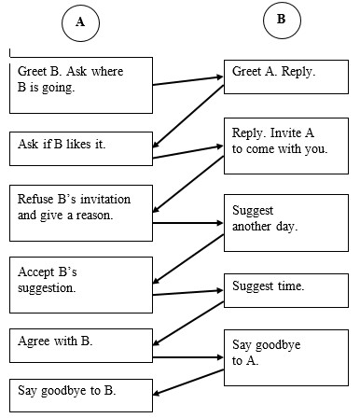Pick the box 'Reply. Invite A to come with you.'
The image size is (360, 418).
coord(280,146)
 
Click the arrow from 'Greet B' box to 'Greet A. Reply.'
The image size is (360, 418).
coord(187,81)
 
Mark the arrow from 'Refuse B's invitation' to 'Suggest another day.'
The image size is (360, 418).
coord(187,223)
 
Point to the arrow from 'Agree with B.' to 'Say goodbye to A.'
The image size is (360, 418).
coord(187,356)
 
